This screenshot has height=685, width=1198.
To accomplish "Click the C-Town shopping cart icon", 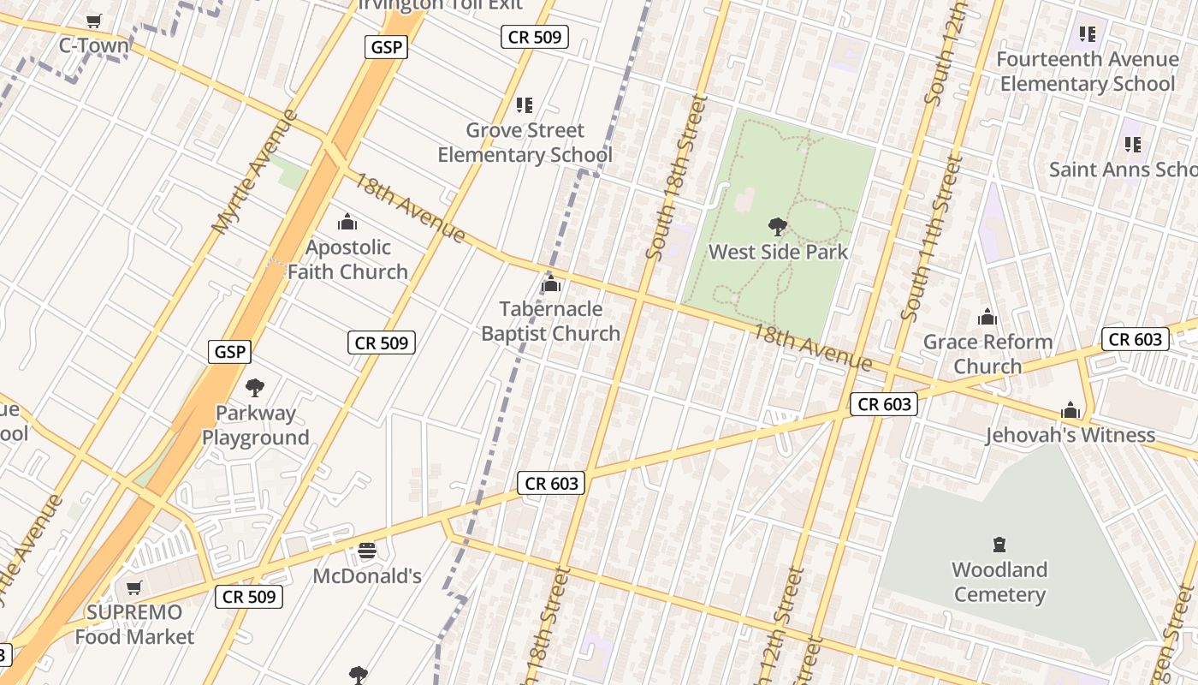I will tap(94, 21).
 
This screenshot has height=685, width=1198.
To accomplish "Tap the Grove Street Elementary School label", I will tap(525, 143).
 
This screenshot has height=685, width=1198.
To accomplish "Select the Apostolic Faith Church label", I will tap(347, 259).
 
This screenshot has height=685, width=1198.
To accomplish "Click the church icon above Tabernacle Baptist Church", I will tap(551, 283).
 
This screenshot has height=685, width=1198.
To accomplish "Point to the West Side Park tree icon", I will tap(778, 227).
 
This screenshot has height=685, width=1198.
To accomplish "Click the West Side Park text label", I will tap(779, 252).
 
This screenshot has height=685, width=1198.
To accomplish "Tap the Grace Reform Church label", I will tap(987, 354).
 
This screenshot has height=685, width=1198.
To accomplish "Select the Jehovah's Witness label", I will tap(1070, 435).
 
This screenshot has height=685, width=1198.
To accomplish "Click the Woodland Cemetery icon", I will tap(999, 545).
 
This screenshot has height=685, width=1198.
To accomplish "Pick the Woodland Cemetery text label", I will tap(999, 582).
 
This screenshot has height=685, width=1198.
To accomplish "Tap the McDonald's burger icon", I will tap(367, 551).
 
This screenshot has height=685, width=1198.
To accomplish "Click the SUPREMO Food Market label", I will tap(134, 624).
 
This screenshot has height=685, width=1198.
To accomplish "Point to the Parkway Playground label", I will tap(255, 425).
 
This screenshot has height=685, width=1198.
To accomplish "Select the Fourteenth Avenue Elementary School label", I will tap(1088, 72).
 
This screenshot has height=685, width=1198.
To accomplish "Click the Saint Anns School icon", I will tap(1133, 145).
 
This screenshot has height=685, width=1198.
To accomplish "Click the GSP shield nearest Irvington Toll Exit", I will tap(386, 47).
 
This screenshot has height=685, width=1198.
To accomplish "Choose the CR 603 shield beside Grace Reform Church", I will tap(1135, 339).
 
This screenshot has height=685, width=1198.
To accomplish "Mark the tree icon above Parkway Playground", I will tap(254, 388).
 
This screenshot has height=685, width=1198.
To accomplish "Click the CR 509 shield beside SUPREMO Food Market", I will tap(249, 596).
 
